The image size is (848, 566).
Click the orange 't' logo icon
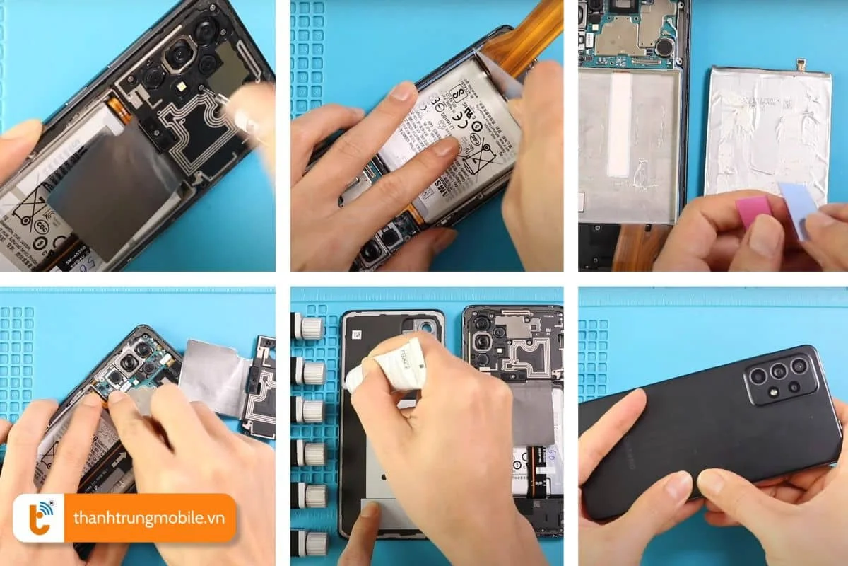(x=38, y=518)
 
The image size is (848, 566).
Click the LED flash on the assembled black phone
(x=772, y=387)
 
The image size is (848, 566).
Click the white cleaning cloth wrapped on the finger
(x=393, y=364)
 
